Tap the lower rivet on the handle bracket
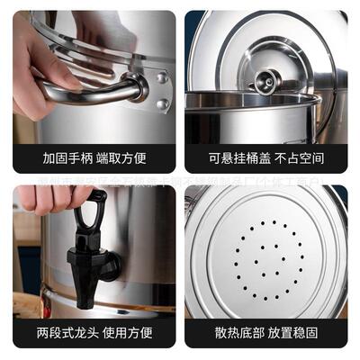[163, 104]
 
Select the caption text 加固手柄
[66, 159]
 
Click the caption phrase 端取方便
[121, 159]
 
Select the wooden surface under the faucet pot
[27, 307]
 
